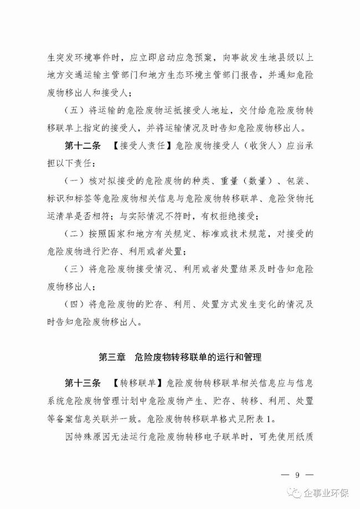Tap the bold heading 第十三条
click(x=81, y=383)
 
